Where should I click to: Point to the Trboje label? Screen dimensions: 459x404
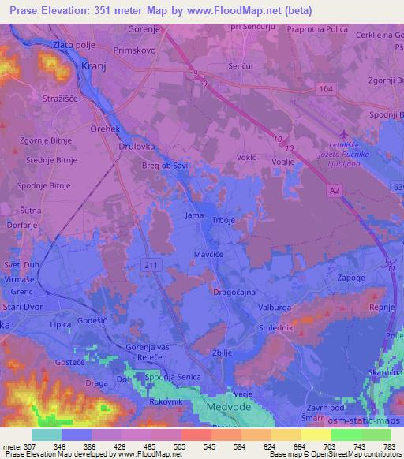click(x=222, y=218)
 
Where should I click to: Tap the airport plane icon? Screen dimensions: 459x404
click(x=342, y=135)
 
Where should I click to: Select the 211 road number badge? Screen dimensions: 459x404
click(x=140, y=265)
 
